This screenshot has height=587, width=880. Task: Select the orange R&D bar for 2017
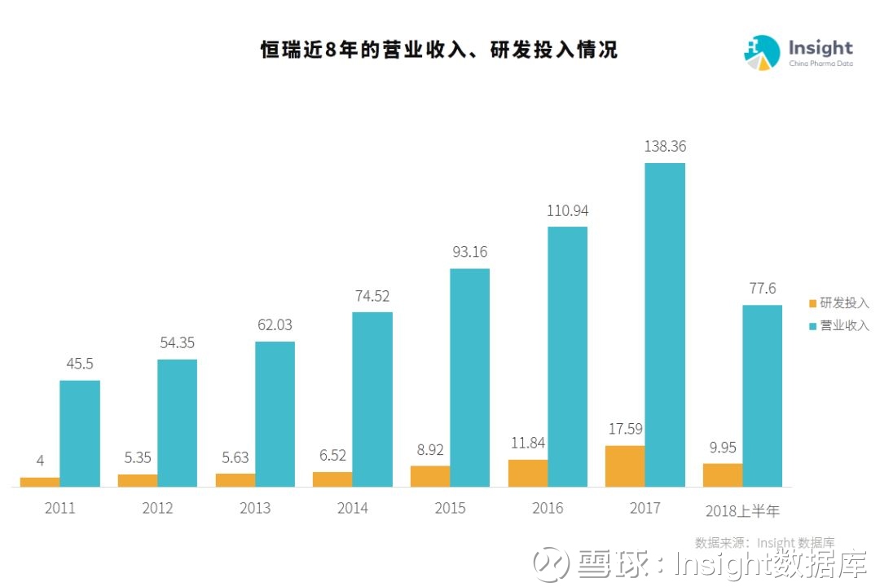[625, 466]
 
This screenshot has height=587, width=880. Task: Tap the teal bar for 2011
[80, 433]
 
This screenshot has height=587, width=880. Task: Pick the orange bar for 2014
[332, 479]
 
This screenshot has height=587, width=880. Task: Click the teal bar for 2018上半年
[762, 395]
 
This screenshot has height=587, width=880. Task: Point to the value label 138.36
[665, 147]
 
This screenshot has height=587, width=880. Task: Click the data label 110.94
[567, 210]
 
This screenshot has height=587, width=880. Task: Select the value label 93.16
[470, 252]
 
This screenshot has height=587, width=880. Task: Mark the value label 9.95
[723, 448]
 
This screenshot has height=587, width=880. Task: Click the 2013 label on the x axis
[255, 509]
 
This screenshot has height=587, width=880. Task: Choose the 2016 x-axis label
[548, 509]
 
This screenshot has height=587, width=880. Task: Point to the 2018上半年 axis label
[742, 511]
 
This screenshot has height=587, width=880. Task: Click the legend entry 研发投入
[839, 303]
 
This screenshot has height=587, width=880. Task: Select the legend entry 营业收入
[839, 325]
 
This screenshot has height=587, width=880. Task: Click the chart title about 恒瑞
[438, 50]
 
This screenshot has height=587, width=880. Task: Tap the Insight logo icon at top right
[762, 52]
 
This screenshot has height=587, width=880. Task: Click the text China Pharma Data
[821, 64]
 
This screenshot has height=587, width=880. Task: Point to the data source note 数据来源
[764, 543]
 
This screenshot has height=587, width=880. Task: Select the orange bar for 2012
[138, 480]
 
